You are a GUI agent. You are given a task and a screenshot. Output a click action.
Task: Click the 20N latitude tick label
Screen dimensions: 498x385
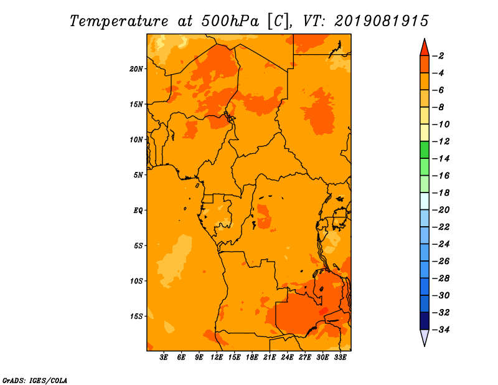point(136,69)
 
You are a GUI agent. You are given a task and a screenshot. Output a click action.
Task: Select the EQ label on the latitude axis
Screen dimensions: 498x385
point(138,211)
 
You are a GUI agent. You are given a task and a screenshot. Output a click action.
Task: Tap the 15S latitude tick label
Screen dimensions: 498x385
point(136,316)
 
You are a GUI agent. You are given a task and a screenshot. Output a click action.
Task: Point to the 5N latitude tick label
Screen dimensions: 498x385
point(138,175)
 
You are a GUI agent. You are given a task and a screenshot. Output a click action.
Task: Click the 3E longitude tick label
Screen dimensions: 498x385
point(164,357)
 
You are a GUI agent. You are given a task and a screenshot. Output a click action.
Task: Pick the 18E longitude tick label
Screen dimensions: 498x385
point(252,357)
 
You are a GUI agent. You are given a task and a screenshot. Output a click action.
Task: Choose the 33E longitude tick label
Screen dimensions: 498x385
point(340,357)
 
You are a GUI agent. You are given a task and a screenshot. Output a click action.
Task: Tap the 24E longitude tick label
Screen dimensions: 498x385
point(287,357)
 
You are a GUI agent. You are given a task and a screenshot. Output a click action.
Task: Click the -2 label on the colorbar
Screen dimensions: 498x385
point(438,56)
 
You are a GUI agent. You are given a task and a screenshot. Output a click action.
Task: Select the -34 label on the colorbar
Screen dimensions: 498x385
point(441,330)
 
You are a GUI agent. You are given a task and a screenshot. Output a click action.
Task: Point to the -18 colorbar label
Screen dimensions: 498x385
point(441,192)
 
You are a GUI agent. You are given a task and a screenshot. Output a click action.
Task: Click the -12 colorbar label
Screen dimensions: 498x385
point(441,141)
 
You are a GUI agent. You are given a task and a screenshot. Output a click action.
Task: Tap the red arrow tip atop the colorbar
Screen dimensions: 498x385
point(425,39)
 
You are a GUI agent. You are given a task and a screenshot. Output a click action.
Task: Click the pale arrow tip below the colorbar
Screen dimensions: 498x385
point(425,346)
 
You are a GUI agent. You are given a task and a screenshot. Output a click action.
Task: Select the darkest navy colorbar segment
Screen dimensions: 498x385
point(425,321)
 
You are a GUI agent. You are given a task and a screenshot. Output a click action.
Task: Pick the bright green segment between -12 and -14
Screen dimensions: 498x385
point(425,150)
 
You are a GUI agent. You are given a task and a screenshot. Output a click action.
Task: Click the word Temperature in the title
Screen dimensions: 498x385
point(119,22)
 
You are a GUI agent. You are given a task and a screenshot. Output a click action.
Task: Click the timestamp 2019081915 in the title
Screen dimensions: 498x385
point(382,21)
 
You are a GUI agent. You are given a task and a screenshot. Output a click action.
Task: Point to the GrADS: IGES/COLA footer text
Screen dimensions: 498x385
point(35,381)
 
